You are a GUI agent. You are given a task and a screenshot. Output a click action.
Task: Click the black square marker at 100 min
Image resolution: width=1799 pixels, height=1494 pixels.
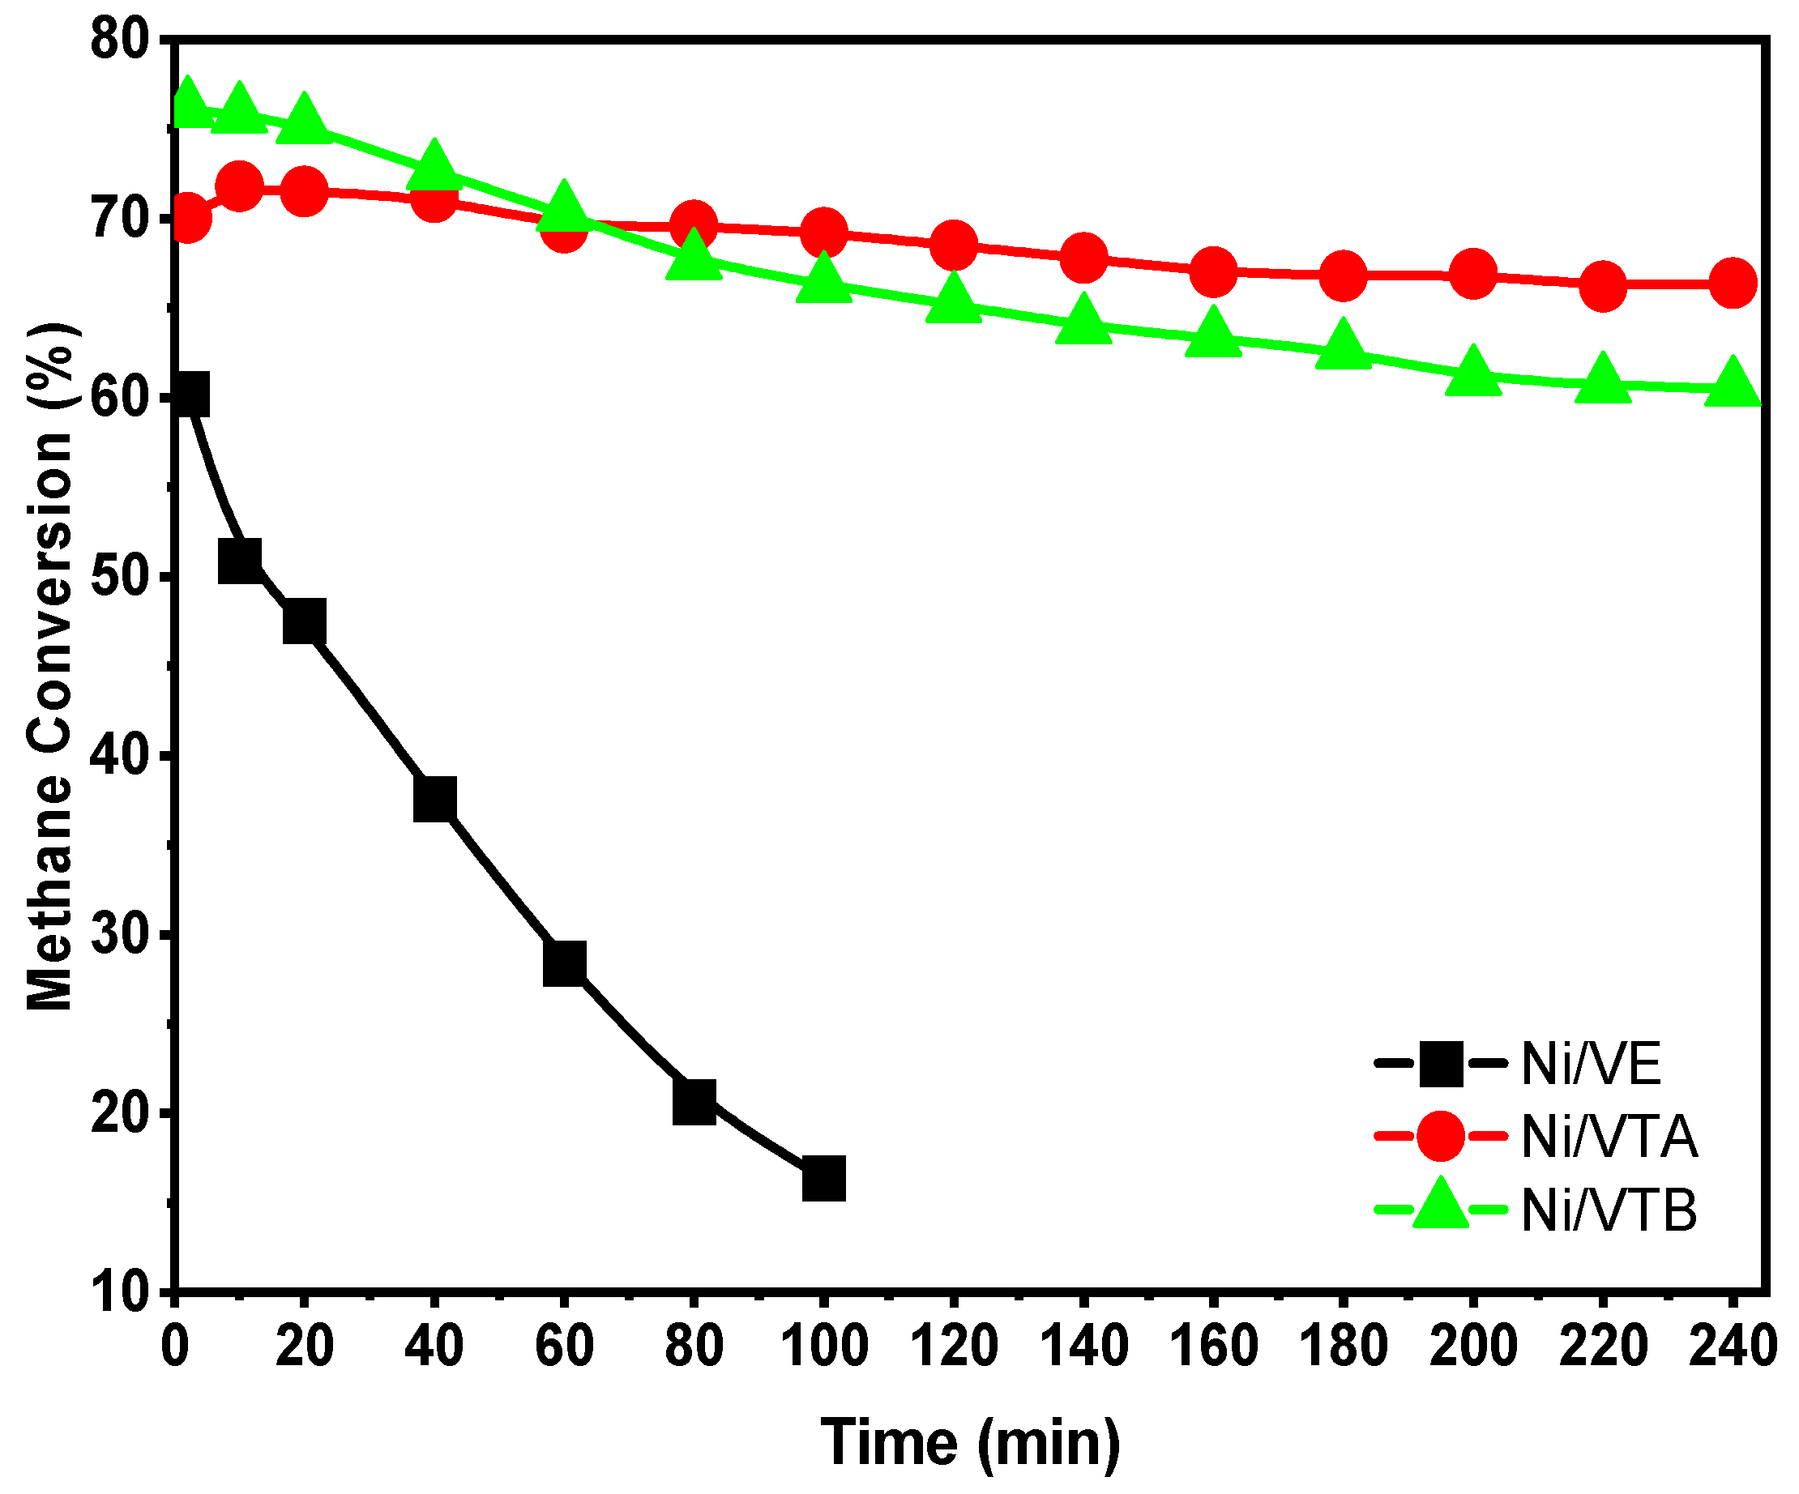[x=824, y=1179]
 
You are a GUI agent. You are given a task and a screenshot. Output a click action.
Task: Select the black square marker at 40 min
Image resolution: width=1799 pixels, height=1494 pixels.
[x=434, y=799]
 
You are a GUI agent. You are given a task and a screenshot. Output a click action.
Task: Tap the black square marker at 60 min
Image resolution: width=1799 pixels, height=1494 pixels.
[x=565, y=963]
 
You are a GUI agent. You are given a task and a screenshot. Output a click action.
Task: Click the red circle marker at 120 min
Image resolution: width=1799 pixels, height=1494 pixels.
[x=954, y=244]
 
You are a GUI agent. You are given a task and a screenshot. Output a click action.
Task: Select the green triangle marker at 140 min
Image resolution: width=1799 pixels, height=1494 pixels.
[x=1083, y=319]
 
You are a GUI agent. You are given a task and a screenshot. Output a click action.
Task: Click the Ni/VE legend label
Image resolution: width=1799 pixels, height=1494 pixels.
[x=1591, y=1064]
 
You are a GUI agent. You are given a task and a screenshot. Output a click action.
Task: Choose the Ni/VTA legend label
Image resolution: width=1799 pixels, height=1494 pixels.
[x=1609, y=1137]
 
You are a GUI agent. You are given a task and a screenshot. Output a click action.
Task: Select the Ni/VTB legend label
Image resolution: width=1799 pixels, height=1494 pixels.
[x=1609, y=1210]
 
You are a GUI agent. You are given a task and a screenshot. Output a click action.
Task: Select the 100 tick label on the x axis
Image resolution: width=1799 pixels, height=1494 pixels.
[x=824, y=1345]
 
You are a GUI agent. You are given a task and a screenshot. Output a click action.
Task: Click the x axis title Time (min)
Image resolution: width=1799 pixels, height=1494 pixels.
[x=971, y=1442]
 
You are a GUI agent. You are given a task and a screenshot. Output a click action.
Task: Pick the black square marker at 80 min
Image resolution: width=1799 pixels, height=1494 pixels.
[x=694, y=1102]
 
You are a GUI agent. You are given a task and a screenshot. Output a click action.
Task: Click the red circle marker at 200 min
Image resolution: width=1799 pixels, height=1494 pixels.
[x=1472, y=274]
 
